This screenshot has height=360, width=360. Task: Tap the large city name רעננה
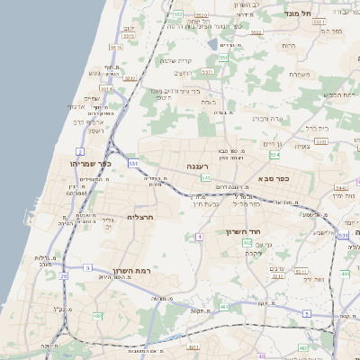(198, 166)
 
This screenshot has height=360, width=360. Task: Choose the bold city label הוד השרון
(242, 231)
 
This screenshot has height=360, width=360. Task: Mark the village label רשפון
(98, 130)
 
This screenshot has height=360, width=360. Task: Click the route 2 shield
(80, 151)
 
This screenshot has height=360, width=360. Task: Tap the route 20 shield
(63, 276)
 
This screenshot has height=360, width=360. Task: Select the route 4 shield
(199, 237)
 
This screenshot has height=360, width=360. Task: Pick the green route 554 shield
(274, 155)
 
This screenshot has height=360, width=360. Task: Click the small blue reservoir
(211, 42)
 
